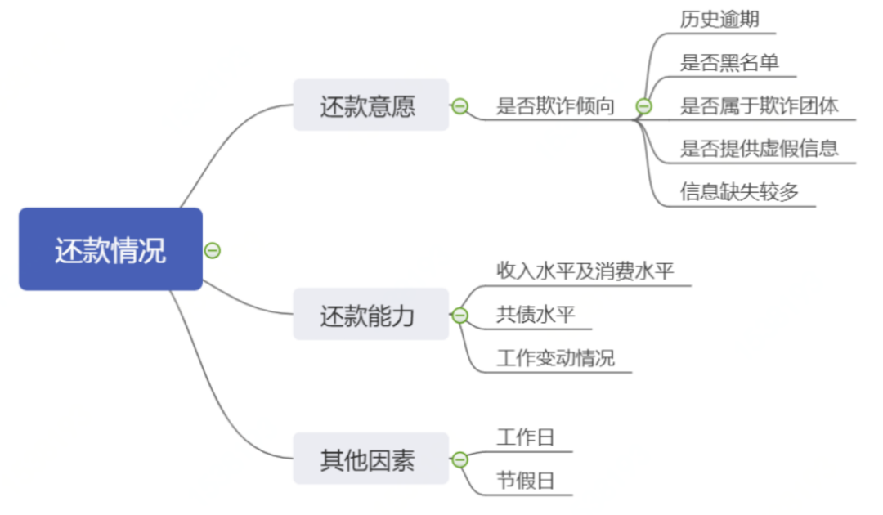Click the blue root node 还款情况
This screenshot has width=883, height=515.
110,249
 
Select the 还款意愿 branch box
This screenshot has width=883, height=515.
370,105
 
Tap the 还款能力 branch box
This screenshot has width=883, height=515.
370,315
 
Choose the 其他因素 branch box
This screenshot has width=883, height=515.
370,459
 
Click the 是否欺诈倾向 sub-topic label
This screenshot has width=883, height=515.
555,106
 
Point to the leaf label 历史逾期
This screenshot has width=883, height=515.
719,19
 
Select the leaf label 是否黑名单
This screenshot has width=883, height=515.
729,62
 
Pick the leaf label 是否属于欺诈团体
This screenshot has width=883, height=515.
760,105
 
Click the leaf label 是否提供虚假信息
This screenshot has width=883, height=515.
760,148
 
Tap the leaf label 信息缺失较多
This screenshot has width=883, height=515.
739,191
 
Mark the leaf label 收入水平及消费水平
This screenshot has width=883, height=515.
585,271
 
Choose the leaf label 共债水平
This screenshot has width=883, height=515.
536,315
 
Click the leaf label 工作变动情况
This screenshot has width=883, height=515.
555,358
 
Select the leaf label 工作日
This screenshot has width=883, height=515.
525,437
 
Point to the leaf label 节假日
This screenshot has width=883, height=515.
525,481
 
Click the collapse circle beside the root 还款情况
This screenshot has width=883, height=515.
213,250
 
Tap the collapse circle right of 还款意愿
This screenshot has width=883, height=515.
460,106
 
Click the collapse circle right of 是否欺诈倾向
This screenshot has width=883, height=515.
644,106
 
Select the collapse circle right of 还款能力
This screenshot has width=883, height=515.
460,316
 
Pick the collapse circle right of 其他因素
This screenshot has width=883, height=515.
460,459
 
